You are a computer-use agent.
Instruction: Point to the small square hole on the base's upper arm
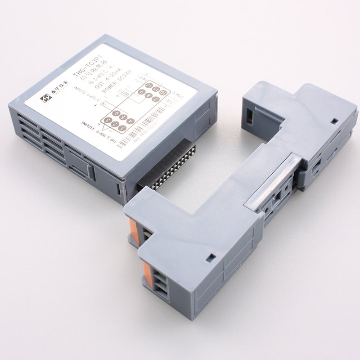click(x=334, y=121)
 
